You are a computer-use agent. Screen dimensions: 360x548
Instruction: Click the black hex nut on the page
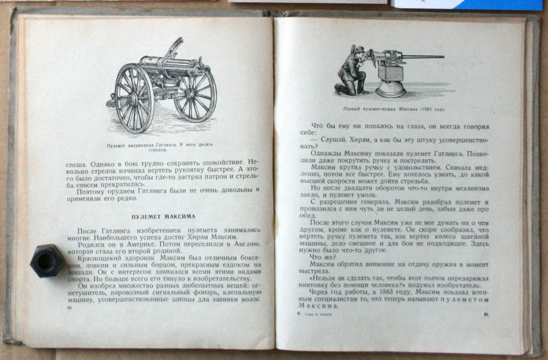(x=47, y=260)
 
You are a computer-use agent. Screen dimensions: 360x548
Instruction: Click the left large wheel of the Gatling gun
(x=134, y=98)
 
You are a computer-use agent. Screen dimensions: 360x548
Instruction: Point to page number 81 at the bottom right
(x=486, y=315)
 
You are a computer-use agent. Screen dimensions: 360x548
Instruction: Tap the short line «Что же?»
(x=320, y=257)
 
